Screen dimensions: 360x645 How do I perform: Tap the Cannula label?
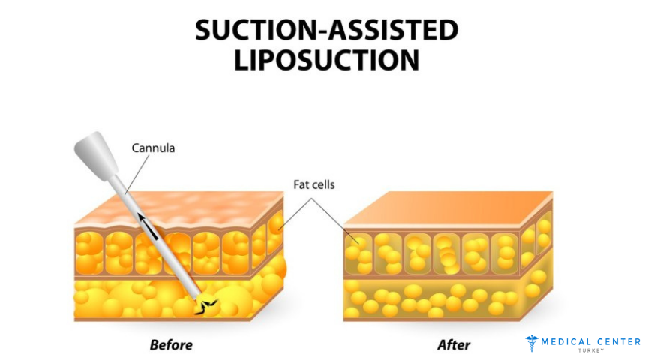[153, 148]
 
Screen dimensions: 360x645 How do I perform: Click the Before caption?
[171, 345]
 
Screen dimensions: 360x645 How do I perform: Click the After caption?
[453, 345]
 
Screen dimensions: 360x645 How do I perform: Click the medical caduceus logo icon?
[531, 343]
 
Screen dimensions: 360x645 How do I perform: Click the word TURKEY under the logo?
[592, 351]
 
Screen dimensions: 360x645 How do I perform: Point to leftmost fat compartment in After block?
[360, 252]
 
